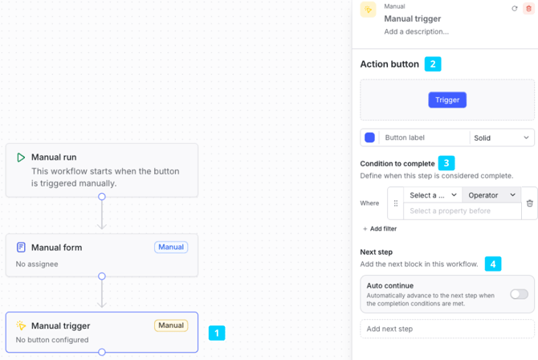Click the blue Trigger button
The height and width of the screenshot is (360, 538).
[x=447, y=100]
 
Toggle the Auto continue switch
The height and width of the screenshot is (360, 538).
[x=519, y=294]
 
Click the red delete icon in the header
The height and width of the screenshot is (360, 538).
[x=528, y=9]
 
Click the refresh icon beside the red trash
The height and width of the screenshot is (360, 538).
[x=515, y=9]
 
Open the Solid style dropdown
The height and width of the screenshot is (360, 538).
[x=501, y=137]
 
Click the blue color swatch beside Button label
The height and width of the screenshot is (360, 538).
[x=369, y=137]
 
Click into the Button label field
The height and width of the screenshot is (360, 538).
[x=424, y=137]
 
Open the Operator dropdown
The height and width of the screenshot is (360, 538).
[x=491, y=195]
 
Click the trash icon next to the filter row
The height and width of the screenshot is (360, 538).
[x=530, y=203]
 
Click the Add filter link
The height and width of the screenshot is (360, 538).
[x=380, y=229]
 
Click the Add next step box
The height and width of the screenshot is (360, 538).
[x=447, y=329]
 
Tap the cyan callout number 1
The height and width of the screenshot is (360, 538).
[x=217, y=333]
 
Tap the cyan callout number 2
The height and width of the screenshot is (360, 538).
[x=433, y=64]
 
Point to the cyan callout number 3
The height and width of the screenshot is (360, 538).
[x=446, y=163]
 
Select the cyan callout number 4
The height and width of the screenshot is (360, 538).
[x=493, y=264]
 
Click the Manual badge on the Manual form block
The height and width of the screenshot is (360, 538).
[x=171, y=247]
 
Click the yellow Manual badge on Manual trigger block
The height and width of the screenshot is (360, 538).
[x=171, y=325]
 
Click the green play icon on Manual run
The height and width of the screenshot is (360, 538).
[x=21, y=157]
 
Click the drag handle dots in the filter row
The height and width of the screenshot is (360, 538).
[x=396, y=203]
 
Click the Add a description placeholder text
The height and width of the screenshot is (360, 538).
[x=416, y=31]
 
